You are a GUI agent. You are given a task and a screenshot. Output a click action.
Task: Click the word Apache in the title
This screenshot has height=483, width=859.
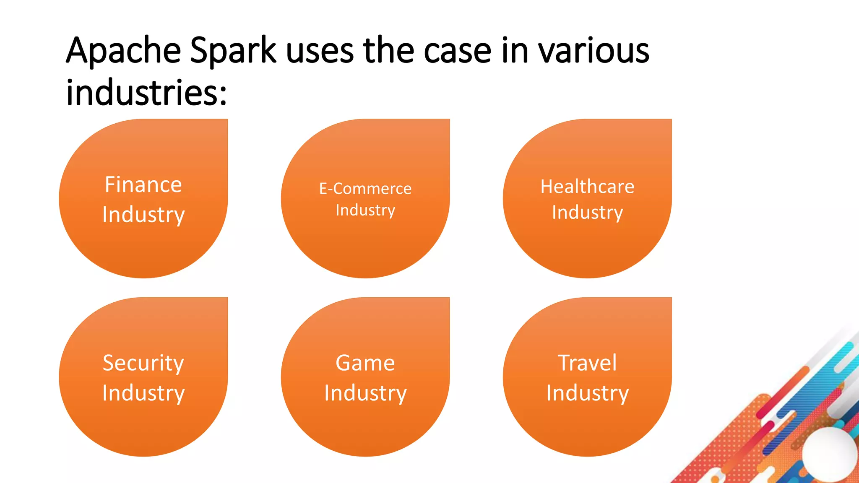point(123,51)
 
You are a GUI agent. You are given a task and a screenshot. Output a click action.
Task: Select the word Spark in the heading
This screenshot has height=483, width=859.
point(233,51)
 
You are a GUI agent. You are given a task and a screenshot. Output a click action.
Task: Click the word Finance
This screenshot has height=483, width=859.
point(143,184)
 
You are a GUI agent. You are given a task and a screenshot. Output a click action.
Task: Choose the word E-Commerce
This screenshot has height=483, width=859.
point(365,189)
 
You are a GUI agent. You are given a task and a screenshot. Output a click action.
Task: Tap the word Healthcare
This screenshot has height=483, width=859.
point(587,187)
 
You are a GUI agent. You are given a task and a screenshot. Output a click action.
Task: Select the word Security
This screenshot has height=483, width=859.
point(143,363)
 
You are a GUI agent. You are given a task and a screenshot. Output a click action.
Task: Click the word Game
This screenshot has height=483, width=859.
point(365,363)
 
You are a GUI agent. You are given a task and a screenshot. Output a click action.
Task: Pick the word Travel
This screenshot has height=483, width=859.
point(587,363)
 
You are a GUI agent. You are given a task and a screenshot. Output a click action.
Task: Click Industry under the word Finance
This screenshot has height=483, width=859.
point(143,215)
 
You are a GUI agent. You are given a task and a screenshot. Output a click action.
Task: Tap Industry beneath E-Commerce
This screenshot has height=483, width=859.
point(365,210)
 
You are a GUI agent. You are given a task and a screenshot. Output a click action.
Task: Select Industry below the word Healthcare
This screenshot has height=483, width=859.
point(587,213)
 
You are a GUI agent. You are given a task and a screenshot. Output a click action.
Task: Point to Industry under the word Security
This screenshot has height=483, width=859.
point(143,393)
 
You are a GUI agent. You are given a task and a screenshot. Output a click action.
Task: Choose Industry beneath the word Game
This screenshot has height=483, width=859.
point(365,393)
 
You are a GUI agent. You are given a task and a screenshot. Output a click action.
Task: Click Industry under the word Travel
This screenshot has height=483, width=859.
point(587,393)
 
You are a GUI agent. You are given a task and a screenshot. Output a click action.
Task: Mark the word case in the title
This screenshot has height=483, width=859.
point(457,51)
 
